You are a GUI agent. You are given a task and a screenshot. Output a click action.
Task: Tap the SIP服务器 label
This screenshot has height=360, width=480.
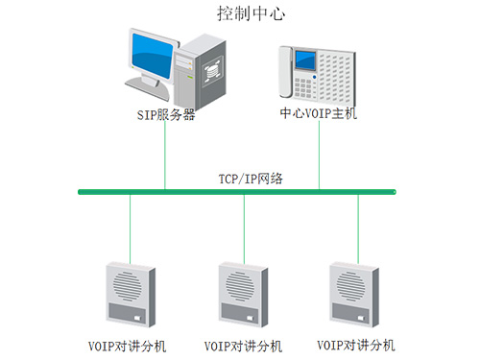(x=165, y=114)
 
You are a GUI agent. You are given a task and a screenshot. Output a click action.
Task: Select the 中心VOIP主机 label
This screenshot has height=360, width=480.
(x=318, y=114)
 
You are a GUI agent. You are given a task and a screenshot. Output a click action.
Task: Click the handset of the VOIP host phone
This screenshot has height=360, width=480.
(x=286, y=71)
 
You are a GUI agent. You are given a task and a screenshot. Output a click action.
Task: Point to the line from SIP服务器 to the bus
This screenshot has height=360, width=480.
(x=165, y=154)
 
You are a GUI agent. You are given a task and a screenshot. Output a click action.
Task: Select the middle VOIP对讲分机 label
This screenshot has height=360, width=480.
(x=244, y=346)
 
